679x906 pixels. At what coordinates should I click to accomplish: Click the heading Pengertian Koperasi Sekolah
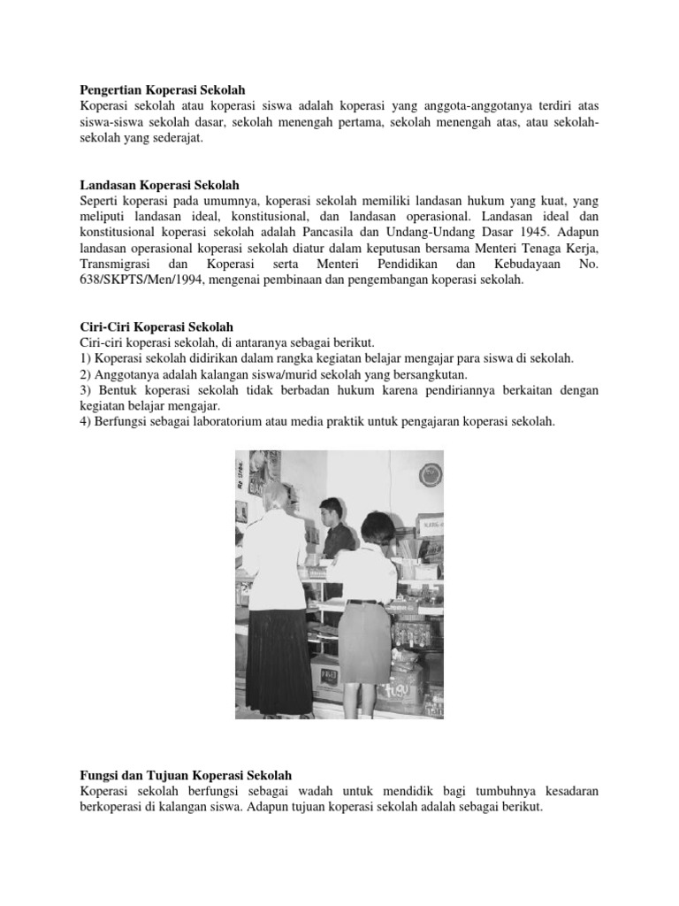[x=162, y=89]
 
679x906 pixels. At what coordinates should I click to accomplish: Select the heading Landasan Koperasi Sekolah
[x=159, y=184]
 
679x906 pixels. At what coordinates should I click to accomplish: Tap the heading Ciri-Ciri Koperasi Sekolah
[x=156, y=326]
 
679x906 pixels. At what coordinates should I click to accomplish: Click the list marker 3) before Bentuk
[x=86, y=389]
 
